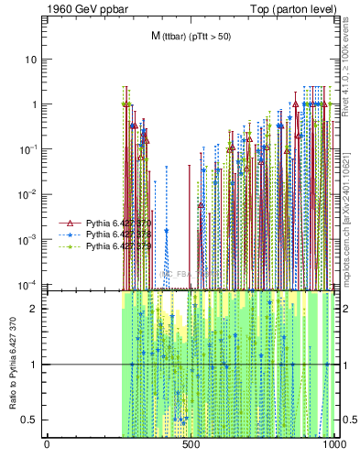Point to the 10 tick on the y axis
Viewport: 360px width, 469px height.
click(30, 60)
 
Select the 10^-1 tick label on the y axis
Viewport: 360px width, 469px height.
click(28, 148)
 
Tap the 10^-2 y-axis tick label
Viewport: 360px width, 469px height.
click(28, 193)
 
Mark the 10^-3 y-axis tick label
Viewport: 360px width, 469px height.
click(28, 238)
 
